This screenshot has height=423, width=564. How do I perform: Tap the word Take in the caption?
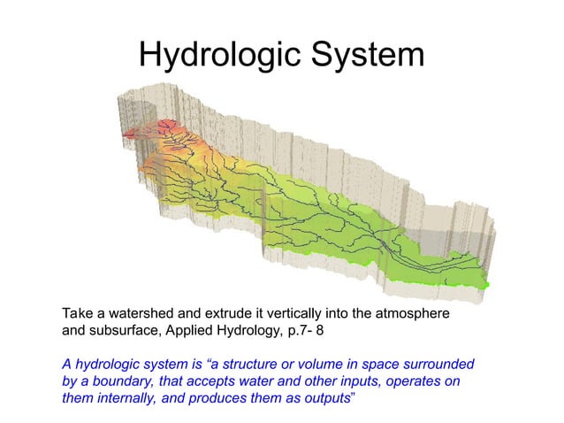tap(77, 314)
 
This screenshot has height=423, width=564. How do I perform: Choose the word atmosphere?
tap(415, 314)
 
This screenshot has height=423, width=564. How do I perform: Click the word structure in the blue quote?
tap(259, 365)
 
